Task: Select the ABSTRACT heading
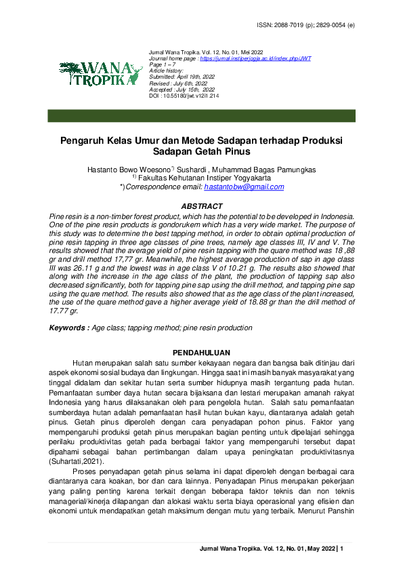201,206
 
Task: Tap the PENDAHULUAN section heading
201,353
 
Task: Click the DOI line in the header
184,96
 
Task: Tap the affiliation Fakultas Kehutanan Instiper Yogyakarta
205,178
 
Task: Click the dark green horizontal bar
201,115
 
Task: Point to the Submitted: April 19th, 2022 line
179,77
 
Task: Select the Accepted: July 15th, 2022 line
182,90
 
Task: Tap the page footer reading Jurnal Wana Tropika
271,548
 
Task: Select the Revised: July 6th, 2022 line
177,83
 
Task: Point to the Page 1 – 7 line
161,64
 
